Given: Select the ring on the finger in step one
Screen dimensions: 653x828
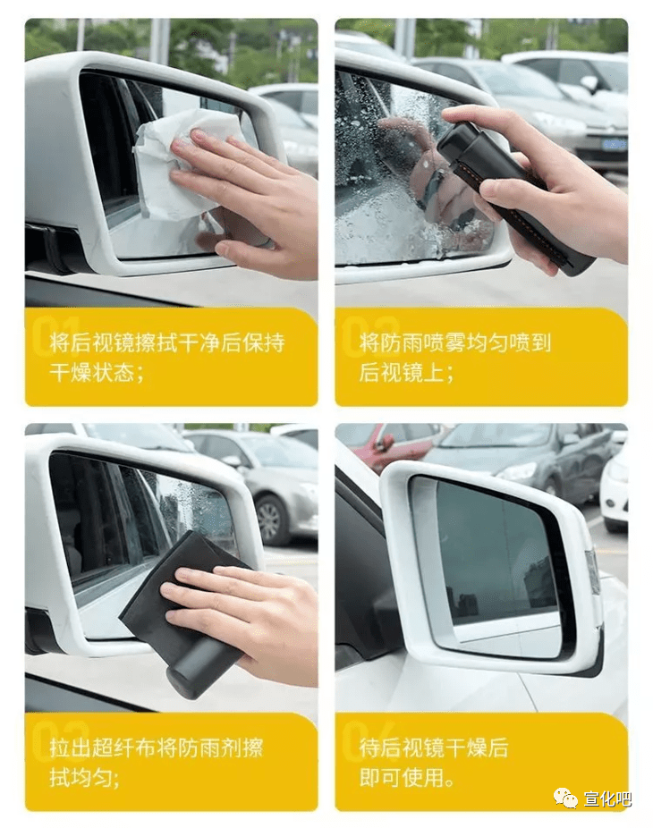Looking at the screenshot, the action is (x=267, y=243).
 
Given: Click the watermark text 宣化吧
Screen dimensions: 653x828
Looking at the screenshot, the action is (x=607, y=799).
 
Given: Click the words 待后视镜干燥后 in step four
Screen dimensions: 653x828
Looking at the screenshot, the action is (x=434, y=748).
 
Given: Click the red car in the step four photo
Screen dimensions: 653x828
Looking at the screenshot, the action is (x=390, y=444).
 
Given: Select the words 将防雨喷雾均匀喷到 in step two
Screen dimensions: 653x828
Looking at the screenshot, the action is (x=455, y=342).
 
